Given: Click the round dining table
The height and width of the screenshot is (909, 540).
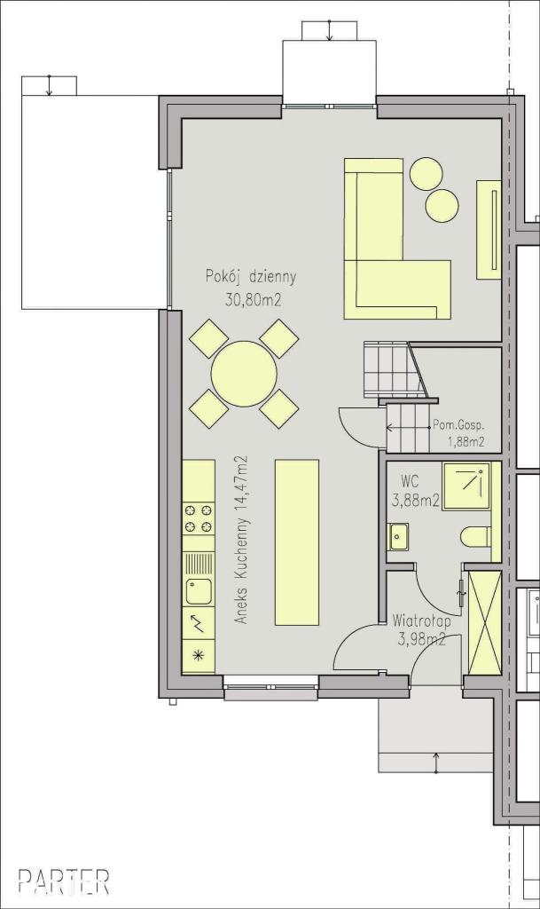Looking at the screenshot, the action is click(x=244, y=374).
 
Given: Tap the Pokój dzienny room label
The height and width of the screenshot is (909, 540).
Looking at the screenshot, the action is click(x=251, y=277).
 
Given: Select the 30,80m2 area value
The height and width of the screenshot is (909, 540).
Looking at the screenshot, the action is click(x=251, y=299).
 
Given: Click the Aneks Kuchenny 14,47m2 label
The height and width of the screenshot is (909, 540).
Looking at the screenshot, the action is click(x=242, y=540).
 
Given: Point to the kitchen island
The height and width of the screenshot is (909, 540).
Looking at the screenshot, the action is click(x=297, y=542).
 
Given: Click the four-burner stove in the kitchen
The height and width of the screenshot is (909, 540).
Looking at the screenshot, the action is click(x=199, y=518).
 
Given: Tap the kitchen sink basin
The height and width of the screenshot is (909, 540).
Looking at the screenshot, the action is click(x=199, y=590).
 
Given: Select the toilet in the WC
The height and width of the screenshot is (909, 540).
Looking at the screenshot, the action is click(x=476, y=537).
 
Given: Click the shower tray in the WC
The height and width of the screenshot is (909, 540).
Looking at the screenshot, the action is click(x=466, y=486).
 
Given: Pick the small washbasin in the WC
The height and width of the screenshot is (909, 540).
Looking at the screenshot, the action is click(x=398, y=536).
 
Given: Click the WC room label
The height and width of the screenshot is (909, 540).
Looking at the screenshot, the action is click(x=410, y=482).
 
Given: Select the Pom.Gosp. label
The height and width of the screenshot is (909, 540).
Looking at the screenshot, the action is click(x=458, y=424).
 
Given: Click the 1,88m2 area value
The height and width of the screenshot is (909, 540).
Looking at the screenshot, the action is click(x=466, y=444).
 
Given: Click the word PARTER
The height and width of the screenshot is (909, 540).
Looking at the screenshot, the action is click(x=64, y=881).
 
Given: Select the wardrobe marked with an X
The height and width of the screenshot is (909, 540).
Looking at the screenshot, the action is click(x=484, y=622).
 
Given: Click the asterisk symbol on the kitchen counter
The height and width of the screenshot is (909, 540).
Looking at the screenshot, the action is click(x=199, y=656).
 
